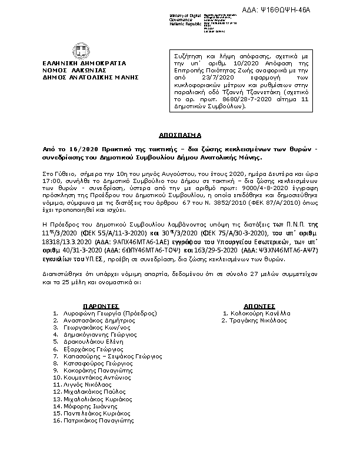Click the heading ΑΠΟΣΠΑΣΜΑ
(x=179, y=135)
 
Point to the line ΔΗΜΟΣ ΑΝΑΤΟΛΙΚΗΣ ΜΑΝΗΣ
(x=88, y=76)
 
